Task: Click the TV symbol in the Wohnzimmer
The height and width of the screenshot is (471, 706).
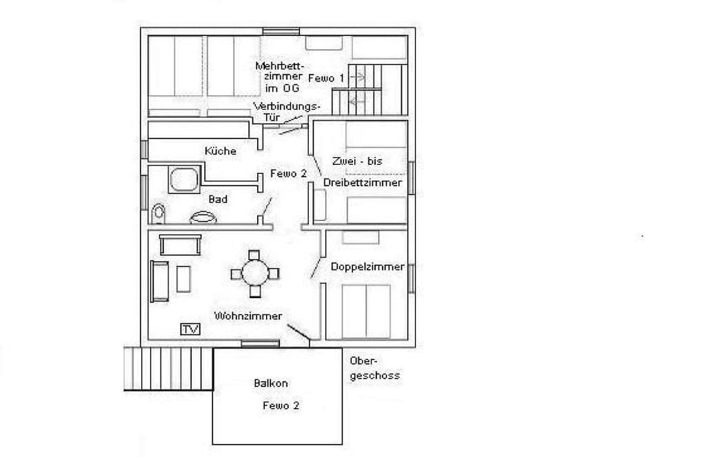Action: point(190,329)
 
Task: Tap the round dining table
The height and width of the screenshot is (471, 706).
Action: point(255,273)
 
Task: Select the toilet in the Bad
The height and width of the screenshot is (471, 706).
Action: point(158,214)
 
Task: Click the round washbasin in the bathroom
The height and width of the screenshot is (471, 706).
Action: point(203,217)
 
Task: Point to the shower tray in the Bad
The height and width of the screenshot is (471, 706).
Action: point(184,179)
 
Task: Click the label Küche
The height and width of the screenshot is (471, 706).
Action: point(220,151)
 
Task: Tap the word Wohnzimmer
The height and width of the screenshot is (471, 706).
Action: point(248,316)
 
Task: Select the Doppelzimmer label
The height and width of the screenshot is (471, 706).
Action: point(367,267)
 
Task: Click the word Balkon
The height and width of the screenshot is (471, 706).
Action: point(270,383)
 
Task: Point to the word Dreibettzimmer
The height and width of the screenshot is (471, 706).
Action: point(363,182)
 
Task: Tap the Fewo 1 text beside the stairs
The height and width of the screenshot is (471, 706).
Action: point(326,79)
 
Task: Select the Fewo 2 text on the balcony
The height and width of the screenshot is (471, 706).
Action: point(281,405)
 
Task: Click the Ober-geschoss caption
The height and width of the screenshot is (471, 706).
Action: point(374,368)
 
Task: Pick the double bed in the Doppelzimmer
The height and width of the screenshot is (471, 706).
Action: point(366,311)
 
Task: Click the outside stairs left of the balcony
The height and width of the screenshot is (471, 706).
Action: point(168,369)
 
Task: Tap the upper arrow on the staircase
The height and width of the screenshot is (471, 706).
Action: point(357,77)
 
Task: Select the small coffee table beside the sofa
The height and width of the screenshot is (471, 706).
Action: point(183,279)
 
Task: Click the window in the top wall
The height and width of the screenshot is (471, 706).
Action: point(281,31)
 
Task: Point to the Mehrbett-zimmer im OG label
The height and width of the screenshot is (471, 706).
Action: point(279,77)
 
